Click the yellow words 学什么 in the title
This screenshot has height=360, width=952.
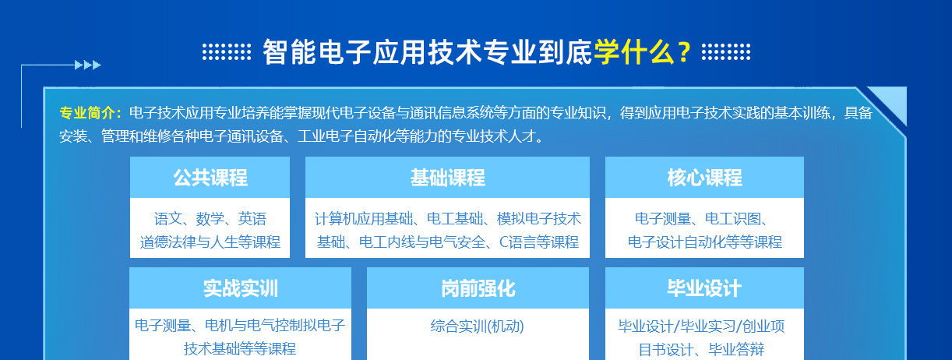(634, 52)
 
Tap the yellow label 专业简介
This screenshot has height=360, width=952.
(87, 113)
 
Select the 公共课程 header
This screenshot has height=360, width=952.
(210, 178)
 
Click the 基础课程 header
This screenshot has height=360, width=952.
(447, 178)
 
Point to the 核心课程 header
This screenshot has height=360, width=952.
(704, 178)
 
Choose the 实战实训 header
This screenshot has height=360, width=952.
(241, 288)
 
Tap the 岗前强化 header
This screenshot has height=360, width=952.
(478, 288)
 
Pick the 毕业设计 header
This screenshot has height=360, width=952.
(704, 288)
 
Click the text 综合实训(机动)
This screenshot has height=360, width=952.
(478, 326)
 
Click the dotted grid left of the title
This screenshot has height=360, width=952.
(227, 52)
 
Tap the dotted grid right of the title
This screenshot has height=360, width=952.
(726, 52)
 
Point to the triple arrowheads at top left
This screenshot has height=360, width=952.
(88, 65)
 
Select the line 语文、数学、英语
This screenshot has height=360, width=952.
(210, 219)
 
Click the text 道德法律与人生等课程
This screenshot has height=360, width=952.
(210, 242)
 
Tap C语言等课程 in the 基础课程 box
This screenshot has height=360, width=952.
(539, 242)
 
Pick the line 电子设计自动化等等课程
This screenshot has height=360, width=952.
(704, 242)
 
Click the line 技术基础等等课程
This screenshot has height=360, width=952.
(240, 349)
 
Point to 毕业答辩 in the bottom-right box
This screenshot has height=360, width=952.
(736, 350)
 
